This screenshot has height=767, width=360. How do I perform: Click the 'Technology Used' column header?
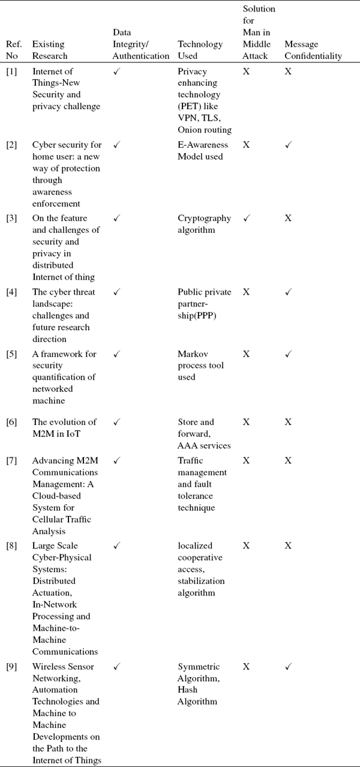point(200,50)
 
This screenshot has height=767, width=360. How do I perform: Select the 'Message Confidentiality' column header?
point(313,50)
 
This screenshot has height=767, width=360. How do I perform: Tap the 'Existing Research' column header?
point(49,50)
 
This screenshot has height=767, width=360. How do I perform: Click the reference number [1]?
point(11,71)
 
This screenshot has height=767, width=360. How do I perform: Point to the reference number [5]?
point(11,354)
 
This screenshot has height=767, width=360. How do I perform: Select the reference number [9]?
point(11,667)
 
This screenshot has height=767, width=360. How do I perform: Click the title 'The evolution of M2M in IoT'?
point(63,428)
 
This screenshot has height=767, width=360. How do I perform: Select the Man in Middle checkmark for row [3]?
point(246,218)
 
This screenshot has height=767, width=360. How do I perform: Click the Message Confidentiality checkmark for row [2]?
point(288,145)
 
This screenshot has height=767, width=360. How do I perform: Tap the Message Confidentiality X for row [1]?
point(288,71)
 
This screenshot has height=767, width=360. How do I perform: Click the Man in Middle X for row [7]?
point(246,460)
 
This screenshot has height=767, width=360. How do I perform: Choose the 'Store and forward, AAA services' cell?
point(204,434)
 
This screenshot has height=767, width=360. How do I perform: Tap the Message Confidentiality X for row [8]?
point(288,546)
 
